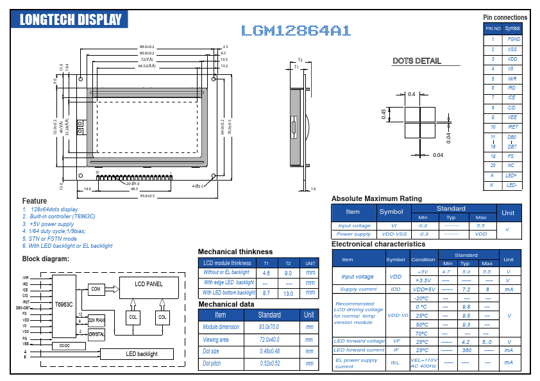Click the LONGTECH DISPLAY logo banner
(x=71, y=19)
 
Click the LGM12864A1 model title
(x=296, y=31)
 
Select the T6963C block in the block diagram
(x=63, y=304)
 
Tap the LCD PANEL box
(x=148, y=284)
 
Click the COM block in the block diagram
(x=96, y=289)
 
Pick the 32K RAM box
(x=96, y=320)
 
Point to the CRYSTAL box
(x=96, y=334)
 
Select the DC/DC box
(x=63, y=346)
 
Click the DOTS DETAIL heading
(x=416, y=61)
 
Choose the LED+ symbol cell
(x=512, y=175)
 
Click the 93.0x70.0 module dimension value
(x=269, y=327)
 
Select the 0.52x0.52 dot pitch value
(x=269, y=364)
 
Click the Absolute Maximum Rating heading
(x=376, y=199)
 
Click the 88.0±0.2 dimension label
(x=147, y=47)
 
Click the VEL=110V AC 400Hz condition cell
(x=423, y=363)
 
